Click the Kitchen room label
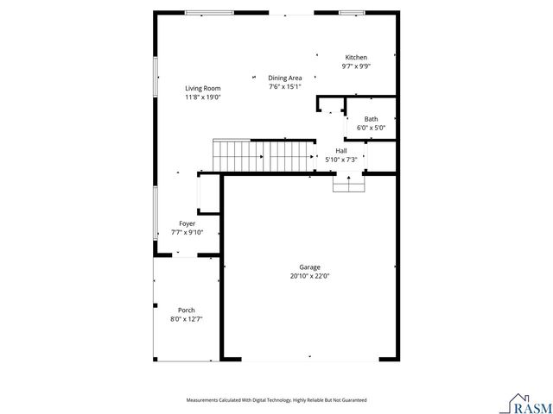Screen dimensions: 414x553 (356, 58)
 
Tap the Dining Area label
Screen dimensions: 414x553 (283, 78)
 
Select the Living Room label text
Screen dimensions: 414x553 (202, 88)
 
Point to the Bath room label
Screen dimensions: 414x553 (371, 119)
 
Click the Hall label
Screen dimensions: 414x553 (341, 150)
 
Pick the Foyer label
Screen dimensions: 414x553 (187, 223)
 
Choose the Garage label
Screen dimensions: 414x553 (310, 267)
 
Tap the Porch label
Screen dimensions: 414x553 (186, 310)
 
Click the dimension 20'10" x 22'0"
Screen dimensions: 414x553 (310, 277)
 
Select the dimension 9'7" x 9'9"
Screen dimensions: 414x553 (356, 66)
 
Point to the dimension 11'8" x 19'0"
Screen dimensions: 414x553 (202, 97)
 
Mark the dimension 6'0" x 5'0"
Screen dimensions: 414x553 (371, 128)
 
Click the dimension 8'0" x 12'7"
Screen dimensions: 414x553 (186, 319)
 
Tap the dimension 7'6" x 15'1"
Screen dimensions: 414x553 (283, 86)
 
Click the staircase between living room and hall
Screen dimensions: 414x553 (264, 156)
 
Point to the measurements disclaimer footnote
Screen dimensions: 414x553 (276, 400)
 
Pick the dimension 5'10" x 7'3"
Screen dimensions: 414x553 (341, 160)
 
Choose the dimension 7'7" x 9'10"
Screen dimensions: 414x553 (187, 232)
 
